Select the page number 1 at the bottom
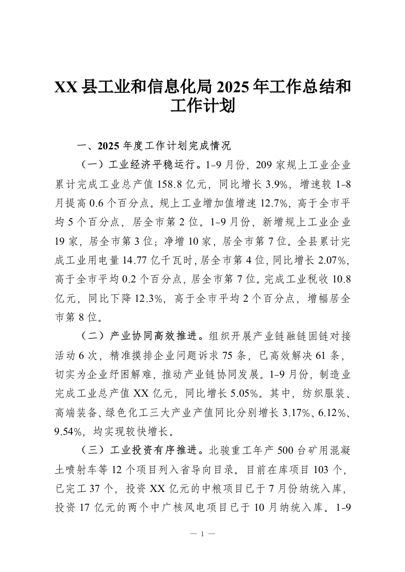pos(202,534)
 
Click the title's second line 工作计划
pos(202,107)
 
